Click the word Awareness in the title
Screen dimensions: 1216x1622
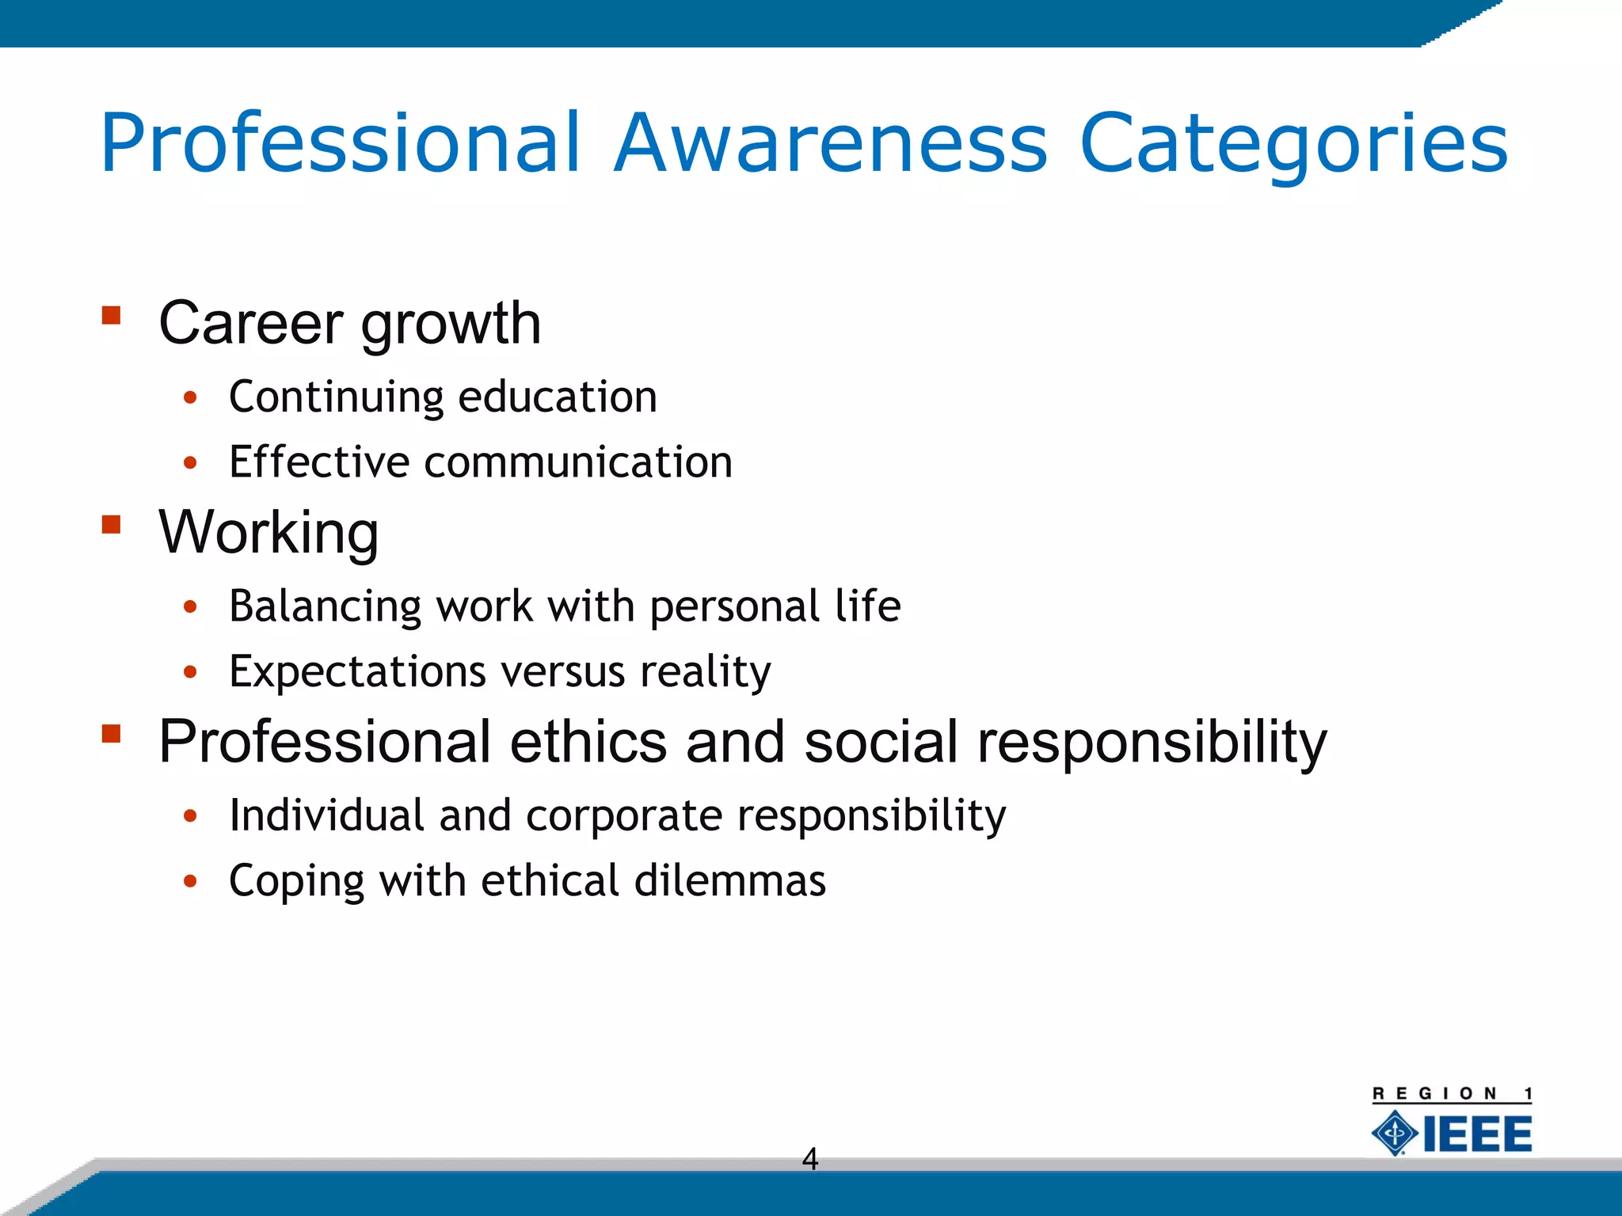[831, 143]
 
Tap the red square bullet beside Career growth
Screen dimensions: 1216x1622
[111, 316]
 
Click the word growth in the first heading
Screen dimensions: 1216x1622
[451, 325]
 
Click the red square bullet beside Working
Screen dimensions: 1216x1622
[111, 525]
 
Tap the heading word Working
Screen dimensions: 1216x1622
[268, 533]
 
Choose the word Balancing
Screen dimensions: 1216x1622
[325, 607]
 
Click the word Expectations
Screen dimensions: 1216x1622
[357, 672]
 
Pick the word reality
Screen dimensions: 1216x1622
[705, 672]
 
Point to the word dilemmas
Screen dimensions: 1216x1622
[729, 880]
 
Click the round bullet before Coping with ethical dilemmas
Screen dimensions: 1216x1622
[189, 881]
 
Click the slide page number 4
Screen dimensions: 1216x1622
[809, 1159]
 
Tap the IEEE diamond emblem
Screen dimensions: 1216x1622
[1395, 1133]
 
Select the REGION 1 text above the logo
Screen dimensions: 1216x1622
[1452, 1094]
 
